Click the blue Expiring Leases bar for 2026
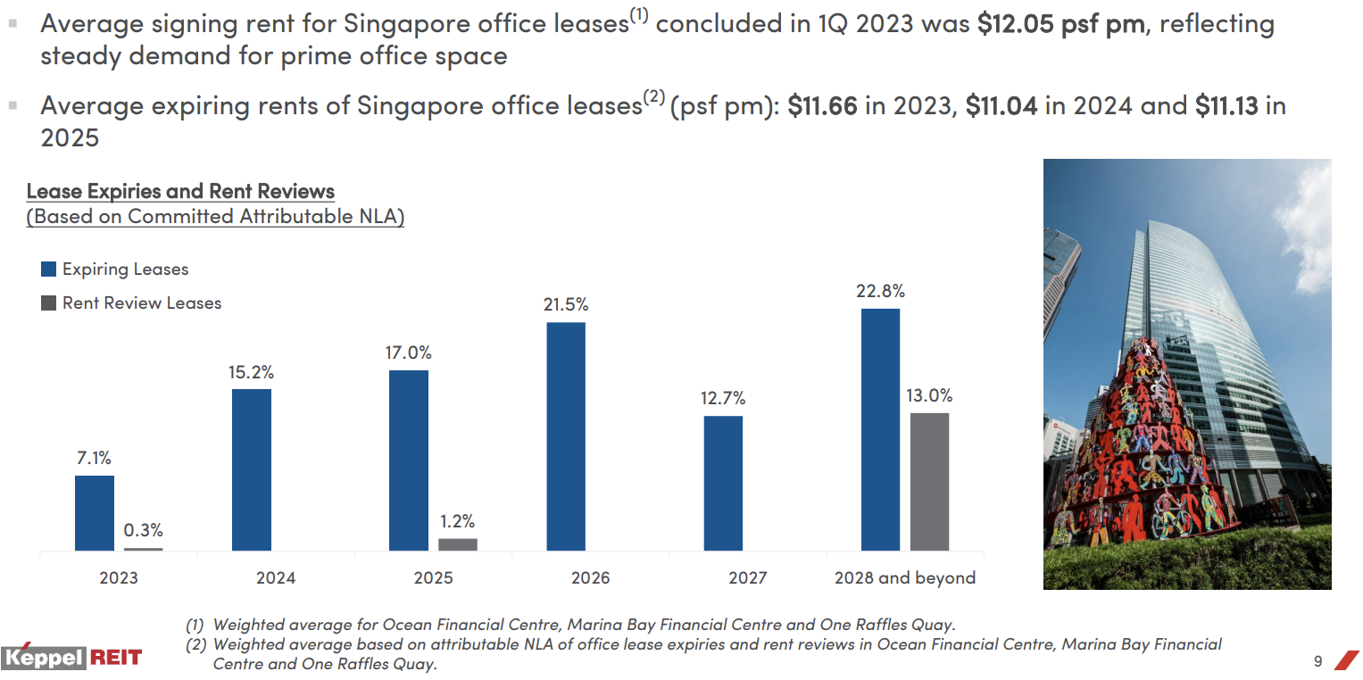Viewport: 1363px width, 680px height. (x=566, y=436)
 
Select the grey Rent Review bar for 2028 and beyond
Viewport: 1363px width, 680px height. (x=929, y=482)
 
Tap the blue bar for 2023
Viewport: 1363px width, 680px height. (x=95, y=513)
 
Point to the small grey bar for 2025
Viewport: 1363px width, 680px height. (x=458, y=544)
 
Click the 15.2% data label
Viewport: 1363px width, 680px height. (x=251, y=372)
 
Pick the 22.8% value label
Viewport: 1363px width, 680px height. (x=880, y=291)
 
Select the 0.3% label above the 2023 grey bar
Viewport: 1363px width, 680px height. (x=144, y=531)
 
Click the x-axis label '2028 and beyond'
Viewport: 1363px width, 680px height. (x=904, y=578)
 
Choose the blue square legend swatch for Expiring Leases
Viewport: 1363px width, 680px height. (x=49, y=270)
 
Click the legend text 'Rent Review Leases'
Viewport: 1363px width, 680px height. (x=142, y=303)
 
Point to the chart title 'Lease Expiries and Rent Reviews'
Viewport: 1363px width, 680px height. (x=180, y=191)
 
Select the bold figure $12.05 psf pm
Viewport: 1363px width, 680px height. (x=1060, y=24)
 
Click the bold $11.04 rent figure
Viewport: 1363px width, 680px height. (x=1001, y=106)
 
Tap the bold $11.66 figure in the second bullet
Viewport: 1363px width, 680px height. (x=822, y=106)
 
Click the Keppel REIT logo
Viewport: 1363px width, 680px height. (x=71, y=659)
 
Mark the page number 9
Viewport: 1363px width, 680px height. (x=1317, y=661)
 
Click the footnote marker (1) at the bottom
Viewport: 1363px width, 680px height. (x=195, y=626)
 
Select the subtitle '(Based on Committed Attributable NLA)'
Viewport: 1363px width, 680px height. (x=215, y=217)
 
